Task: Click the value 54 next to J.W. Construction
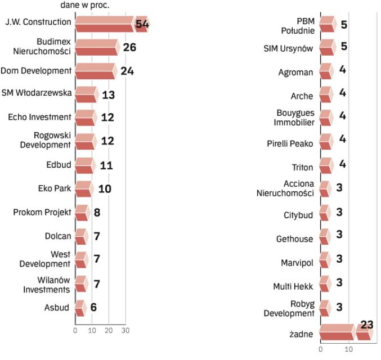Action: tap(142, 23)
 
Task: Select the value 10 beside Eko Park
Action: tap(104, 188)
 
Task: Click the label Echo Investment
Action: tap(39, 117)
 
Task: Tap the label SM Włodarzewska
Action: tap(36, 93)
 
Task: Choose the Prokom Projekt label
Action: tap(42, 212)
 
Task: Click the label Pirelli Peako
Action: tap(290, 143)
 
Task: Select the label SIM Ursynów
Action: tap(288, 48)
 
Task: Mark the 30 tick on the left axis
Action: tap(126, 330)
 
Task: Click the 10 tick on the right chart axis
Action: tap(349, 349)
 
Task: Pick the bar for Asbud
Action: tap(80, 308)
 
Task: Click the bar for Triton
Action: tap(326, 166)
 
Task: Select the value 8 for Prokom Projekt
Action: tap(97, 213)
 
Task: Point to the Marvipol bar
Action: tap(325, 262)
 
